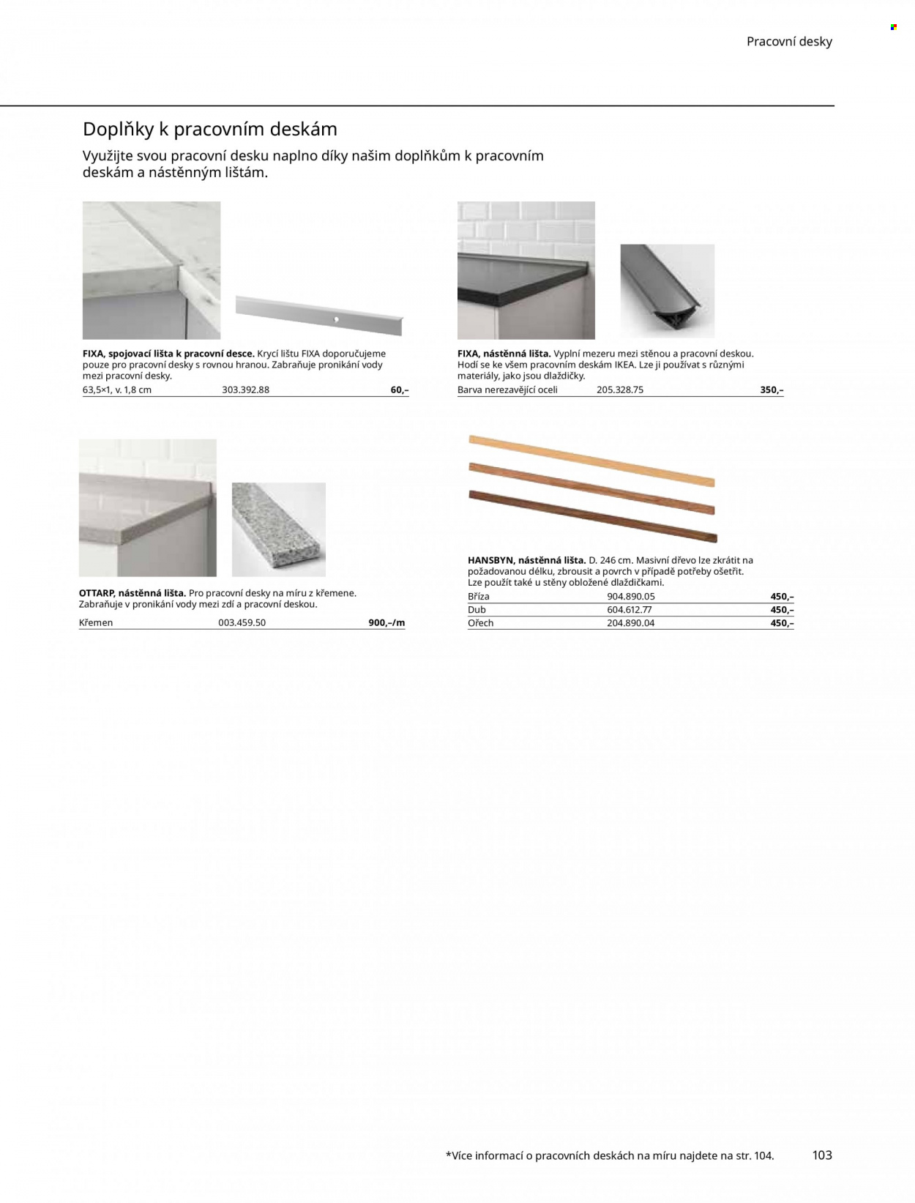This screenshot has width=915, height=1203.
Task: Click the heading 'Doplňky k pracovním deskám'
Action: pyautogui.click(x=210, y=130)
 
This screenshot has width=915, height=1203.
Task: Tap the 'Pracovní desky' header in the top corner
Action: pyautogui.click(x=789, y=42)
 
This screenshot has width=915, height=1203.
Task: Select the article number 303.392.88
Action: pyautogui.click(x=245, y=390)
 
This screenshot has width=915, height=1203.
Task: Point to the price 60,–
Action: pyautogui.click(x=400, y=390)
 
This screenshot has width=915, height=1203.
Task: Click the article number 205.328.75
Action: pyautogui.click(x=620, y=390)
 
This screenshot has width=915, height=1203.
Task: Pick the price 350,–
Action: pyautogui.click(x=772, y=390)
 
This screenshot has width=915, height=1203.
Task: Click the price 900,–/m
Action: pyautogui.click(x=386, y=622)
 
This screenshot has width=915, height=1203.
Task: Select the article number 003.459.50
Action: pyautogui.click(x=242, y=622)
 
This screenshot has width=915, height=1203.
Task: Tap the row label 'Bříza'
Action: pyautogui.click(x=478, y=596)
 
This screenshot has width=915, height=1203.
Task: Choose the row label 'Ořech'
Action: pyautogui.click(x=480, y=622)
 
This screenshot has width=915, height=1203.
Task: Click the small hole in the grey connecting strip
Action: pyautogui.click(x=337, y=319)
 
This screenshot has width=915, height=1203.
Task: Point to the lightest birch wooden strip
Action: pyautogui.click(x=591, y=461)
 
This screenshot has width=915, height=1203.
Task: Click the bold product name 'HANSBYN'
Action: pyautogui.click(x=490, y=560)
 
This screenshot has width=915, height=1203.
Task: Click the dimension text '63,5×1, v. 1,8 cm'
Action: pyautogui.click(x=116, y=390)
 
